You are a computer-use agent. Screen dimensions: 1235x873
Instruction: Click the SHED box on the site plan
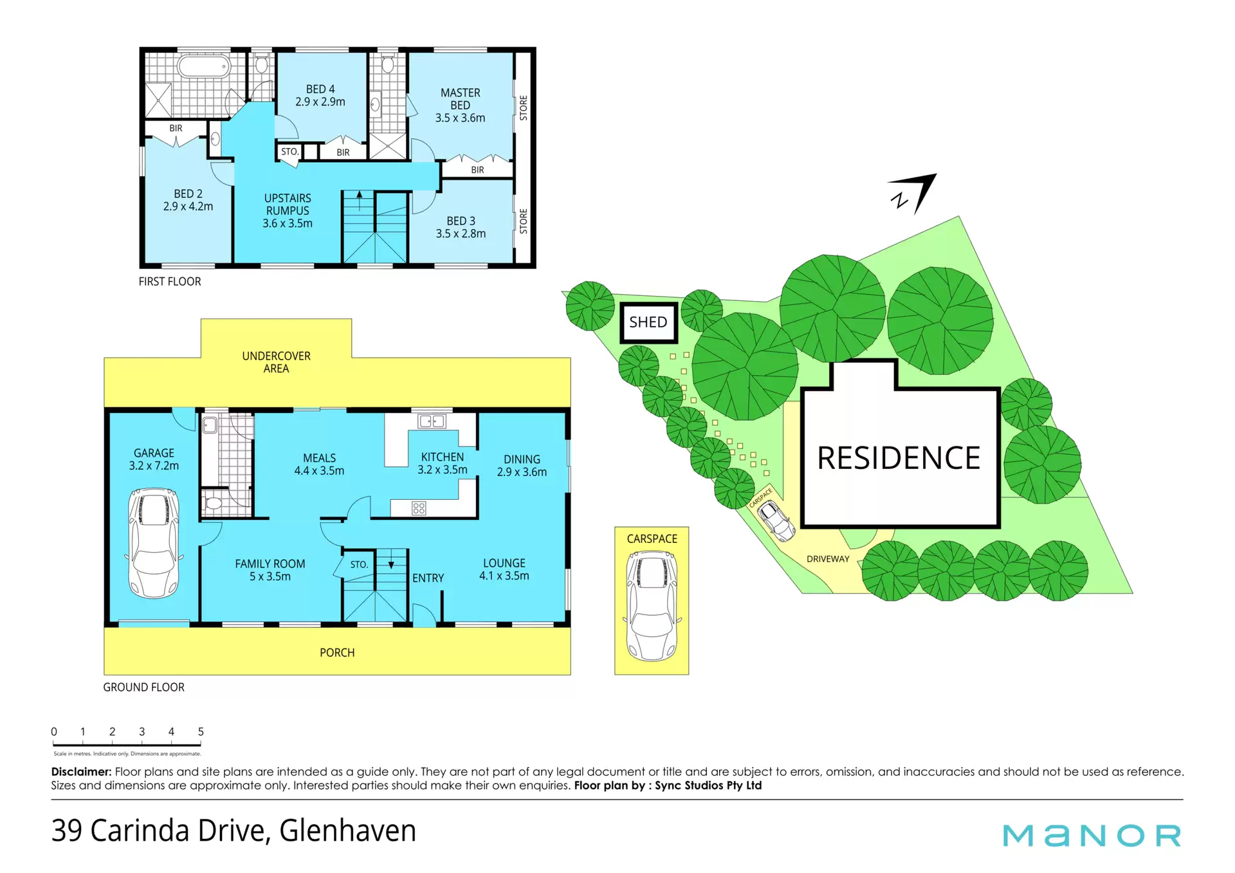click(648, 322)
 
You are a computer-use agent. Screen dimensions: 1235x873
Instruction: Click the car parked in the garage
click(154, 543)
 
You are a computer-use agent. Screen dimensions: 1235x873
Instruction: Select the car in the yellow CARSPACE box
click(652, 606)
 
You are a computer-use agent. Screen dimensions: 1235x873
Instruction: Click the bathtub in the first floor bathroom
click(204, 66)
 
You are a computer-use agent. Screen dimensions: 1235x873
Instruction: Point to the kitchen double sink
click(432, 421)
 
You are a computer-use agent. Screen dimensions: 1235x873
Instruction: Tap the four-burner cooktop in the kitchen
click(419, 508)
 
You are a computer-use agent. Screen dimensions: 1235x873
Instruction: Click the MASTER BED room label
click(460, 99)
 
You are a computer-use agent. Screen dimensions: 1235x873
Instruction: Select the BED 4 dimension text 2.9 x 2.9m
click(320, 102)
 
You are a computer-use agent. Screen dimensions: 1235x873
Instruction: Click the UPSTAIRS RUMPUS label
click(288, 204)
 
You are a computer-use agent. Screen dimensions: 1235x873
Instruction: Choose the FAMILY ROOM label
click(270, 564)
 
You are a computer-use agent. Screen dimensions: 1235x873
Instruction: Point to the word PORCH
click(337, 652)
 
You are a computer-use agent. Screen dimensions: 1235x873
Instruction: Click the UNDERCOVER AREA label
click(276, 362)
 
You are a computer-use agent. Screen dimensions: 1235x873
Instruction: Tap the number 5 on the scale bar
click(201, 731)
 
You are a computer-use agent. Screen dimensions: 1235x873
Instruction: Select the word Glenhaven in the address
click(348, 831)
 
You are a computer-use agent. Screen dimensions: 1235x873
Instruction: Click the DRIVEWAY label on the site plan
click(828, 559)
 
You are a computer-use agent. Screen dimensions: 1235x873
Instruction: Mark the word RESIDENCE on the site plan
click(899, 458)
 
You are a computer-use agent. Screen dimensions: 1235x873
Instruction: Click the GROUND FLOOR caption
click(143, 687)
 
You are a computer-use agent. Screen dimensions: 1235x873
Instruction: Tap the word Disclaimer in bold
click(82, 771)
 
